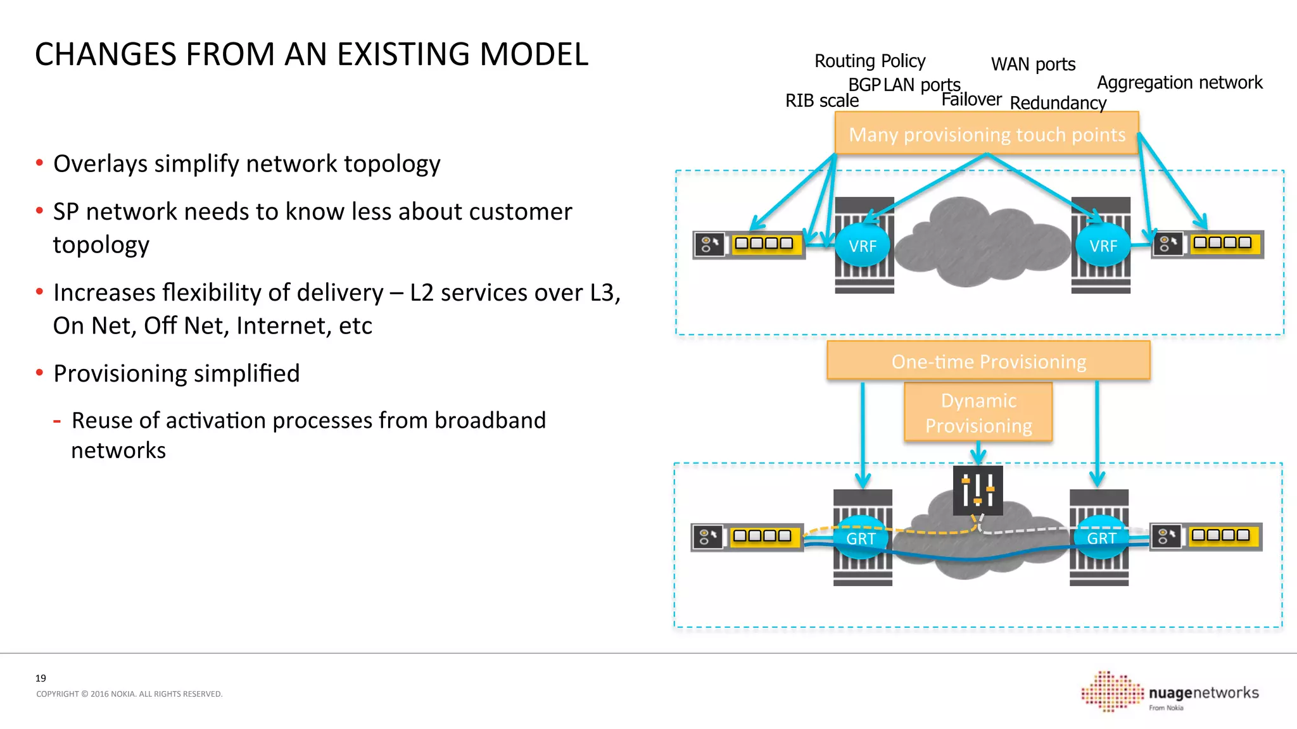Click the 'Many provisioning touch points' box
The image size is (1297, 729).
point(987,134)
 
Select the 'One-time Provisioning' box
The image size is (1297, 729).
point(988,361)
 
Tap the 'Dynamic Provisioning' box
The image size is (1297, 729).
point(978,413)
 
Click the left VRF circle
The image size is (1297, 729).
point(862,246)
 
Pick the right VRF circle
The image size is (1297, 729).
point(1103,246)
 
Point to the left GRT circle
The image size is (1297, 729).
point(861,538)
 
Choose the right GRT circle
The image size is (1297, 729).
point(1101,538)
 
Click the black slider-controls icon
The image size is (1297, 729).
point(978,490)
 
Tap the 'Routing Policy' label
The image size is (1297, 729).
point(870,61)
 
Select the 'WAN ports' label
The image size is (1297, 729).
point(1033,64)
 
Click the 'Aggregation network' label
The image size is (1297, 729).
point(1179,82)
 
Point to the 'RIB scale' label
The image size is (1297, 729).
point(821,101)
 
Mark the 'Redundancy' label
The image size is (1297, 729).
point(1058,103)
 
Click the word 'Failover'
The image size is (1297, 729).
point(971,99)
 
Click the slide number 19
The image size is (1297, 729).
point(41,678)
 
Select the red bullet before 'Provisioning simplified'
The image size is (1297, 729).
point(39,373)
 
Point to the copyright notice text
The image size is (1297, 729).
point(129,694)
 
